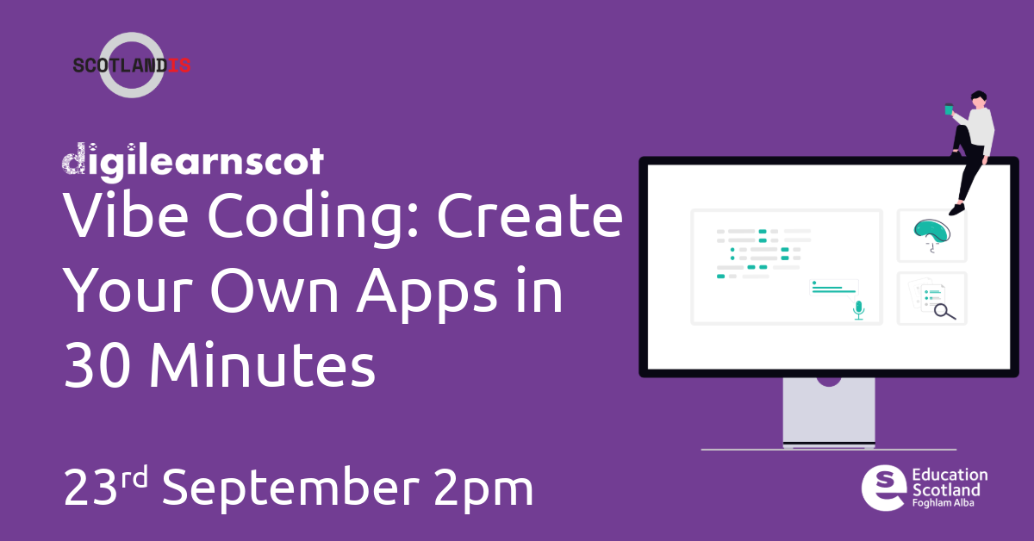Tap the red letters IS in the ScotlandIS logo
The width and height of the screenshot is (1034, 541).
click(x=178, y=65)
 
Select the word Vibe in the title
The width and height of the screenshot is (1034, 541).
click(x=126, y=215)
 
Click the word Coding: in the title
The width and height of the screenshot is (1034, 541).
click(x=313, y=217)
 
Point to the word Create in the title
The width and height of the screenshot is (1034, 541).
click(x=530, y=215)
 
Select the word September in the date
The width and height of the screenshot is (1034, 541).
click(x=290, y=489)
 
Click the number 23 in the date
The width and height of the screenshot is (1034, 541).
click(x=90, y=488)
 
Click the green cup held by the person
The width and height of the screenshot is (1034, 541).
click(x=949, y=109)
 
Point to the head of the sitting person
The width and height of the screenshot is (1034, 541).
click(x=978, y=100)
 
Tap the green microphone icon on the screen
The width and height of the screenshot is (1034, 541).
click(x=858, y=310)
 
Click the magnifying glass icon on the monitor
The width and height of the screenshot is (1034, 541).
click(x=944, y=312)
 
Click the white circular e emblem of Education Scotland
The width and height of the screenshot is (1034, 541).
click(x=883, y=488)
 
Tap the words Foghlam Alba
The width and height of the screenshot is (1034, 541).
click(x=943, y=503)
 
